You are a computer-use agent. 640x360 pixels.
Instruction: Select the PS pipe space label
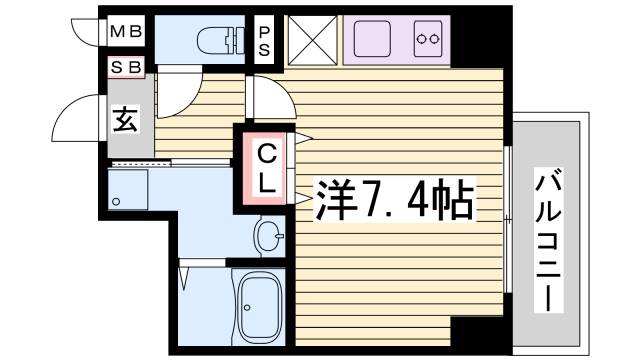265,40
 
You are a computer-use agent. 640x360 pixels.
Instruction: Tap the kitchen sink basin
375,40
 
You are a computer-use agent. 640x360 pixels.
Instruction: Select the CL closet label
267,167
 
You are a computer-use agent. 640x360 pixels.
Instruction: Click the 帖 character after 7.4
455,201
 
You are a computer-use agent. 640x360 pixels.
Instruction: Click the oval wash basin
267,236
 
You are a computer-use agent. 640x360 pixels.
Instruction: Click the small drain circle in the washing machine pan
117,202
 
